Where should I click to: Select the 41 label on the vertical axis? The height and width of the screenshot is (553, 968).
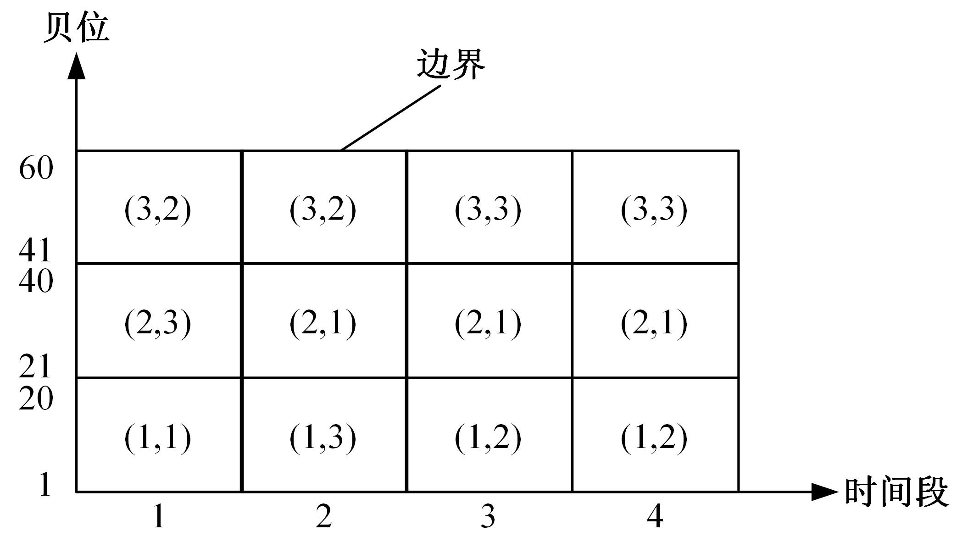35,251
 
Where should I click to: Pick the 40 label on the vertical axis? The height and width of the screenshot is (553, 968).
36,281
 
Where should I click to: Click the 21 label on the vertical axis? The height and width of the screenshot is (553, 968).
35,367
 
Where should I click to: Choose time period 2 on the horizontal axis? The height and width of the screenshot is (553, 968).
323,516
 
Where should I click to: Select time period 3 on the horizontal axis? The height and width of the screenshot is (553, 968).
488,516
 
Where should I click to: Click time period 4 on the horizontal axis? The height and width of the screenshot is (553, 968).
655,516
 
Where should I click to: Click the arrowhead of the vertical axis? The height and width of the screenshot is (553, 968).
77,66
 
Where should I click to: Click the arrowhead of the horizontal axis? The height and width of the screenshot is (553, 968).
825,492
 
